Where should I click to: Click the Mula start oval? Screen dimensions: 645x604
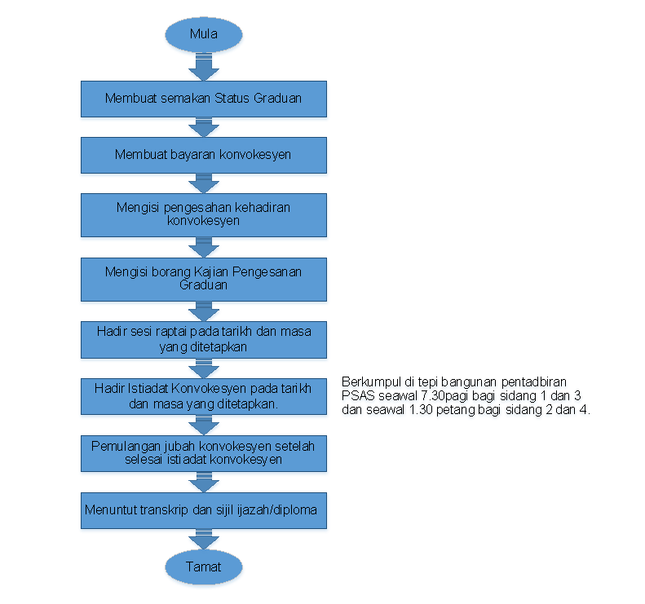click(204, 34)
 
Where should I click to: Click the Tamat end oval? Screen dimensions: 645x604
click(204, 567)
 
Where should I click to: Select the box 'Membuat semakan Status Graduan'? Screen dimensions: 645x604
click(204, 99)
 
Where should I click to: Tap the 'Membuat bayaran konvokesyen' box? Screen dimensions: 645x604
click(204, 155)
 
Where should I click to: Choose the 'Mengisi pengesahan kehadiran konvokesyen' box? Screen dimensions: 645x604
click(204, 215)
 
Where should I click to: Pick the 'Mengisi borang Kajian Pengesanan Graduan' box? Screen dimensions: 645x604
click(204, 280)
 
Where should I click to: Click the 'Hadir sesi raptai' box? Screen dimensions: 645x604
click(204, 340)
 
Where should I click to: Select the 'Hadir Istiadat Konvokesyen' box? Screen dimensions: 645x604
click(204, 396)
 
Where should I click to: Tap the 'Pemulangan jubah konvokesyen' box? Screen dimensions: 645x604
click(204, 453)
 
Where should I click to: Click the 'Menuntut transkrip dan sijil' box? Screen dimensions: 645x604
click(204, 510)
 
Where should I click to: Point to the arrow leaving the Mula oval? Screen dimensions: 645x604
click(204, 67)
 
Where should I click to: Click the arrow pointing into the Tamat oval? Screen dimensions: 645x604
click(204, 539)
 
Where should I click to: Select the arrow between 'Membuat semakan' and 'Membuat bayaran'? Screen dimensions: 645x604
click(204, 127)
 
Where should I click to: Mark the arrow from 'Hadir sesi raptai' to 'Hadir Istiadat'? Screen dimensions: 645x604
click(204, 368)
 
